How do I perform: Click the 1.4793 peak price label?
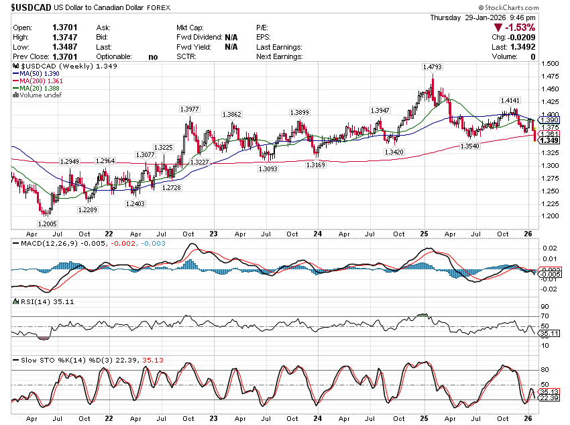pyautogui.click(x=432, y=67)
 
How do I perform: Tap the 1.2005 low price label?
pyautogui.click(x=47, y=224)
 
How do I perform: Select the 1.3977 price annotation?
pyautogui.click(x=190, y=109)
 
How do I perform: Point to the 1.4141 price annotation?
pyautogui.click(x=510, y=100)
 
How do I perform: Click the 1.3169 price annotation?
pyautogui.click(x=315, y=164)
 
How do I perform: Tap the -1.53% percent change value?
pyautogui.click(x=518, y=28)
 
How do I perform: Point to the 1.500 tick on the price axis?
pyautogui.click(x=550, y=64)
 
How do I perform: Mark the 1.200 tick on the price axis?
pyautogui.click(x=550, y=216)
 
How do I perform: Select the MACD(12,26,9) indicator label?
pyautogui.click(x=45, y=242)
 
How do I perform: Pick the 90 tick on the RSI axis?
pyautogui.click(x=545, y=306)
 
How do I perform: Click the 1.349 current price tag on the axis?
pyautogui.click(x=550, y=140)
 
